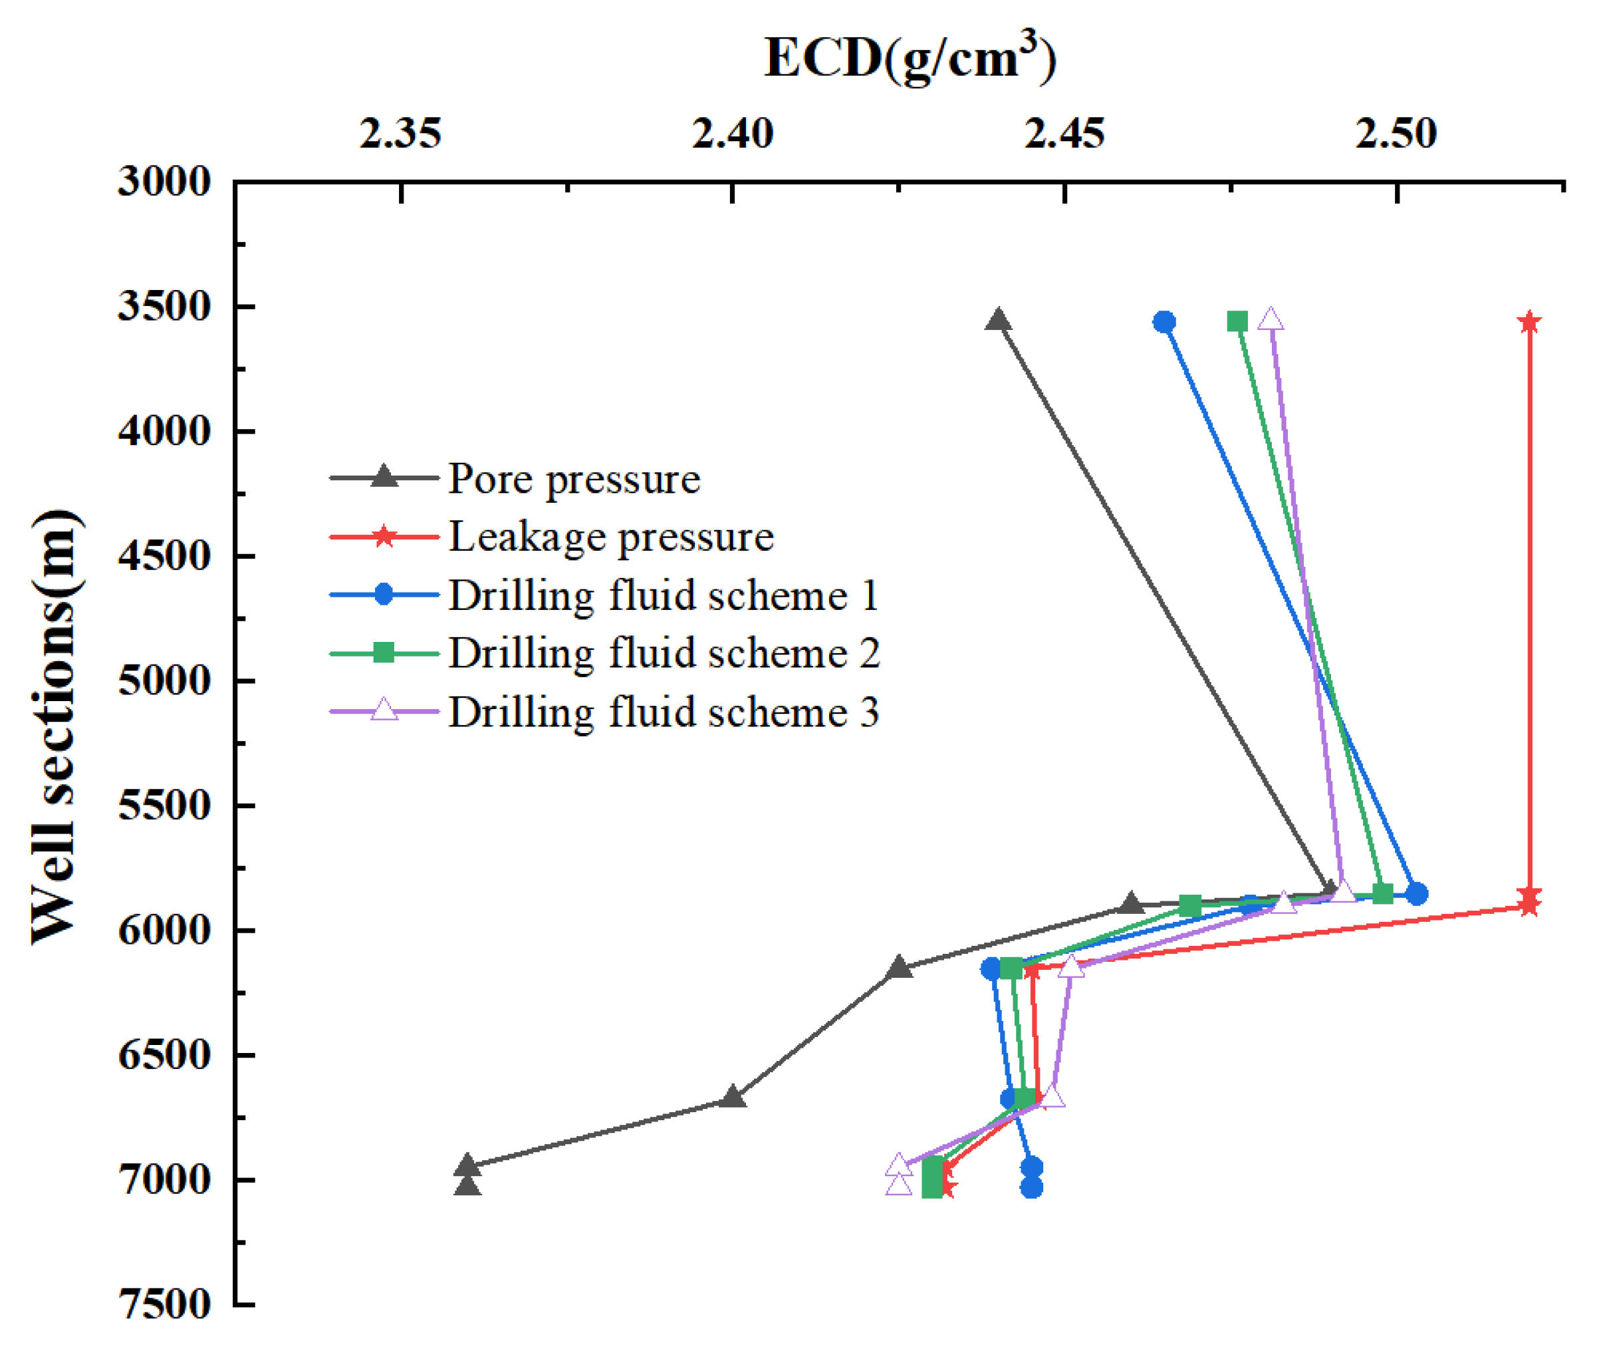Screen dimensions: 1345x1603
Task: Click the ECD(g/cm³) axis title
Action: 910,58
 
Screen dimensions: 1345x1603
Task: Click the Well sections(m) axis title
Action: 55,727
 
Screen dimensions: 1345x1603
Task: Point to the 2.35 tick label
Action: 400,134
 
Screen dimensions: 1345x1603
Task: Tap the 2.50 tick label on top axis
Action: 1396,134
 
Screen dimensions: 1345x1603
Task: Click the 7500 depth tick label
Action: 164,1304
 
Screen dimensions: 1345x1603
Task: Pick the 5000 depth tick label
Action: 164,680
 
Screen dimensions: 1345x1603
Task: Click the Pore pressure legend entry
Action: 573,480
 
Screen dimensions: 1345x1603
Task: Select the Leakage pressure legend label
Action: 610,537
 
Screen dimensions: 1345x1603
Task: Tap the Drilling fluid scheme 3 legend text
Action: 663,712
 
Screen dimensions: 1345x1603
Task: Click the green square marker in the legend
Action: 384,653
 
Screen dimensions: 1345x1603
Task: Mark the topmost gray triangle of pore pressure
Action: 999,321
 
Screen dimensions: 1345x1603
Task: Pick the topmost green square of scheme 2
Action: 1237,321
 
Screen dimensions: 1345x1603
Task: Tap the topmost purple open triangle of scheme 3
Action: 1270,320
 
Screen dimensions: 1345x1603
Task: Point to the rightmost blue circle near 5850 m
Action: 1417,893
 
